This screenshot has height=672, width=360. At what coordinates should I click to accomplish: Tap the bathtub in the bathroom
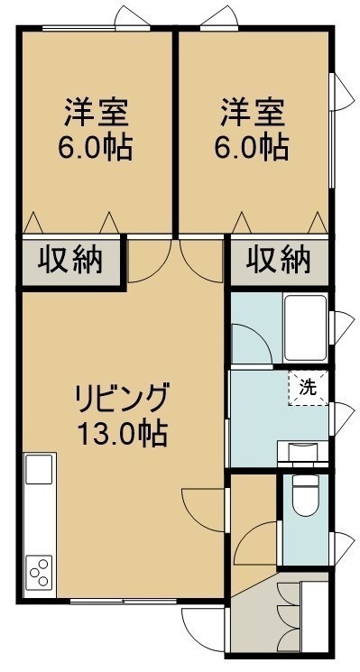pyautogui.click(x=305, y=328)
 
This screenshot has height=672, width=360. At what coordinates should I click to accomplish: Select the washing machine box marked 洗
pyautogui.click(x=309, y=388)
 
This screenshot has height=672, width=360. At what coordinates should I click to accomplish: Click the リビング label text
pyautogui.click(x=121, y=398)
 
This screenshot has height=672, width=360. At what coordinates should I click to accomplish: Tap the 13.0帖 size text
pyautogui.click(x=122, y=434)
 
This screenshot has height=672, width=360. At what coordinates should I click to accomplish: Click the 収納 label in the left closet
pyautogui.click(x=70, y=260)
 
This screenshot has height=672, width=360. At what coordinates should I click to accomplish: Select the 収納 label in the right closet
pyautogui.click(x=278, y=260)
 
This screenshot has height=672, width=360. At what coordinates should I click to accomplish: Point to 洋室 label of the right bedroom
pyautogui.click(x=253, y=112)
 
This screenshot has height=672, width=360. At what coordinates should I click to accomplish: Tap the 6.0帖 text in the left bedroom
pyautogui.click(x=95, y=147)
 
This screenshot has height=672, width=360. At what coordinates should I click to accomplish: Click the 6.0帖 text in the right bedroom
pyautogui.click(x=251, y=147)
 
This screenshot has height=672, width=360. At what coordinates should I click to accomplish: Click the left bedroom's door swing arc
pyautogui.click(x=160, y=271)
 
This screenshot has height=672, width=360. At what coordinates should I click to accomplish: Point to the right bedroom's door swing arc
pyautogui.click(x=191, y=271)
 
